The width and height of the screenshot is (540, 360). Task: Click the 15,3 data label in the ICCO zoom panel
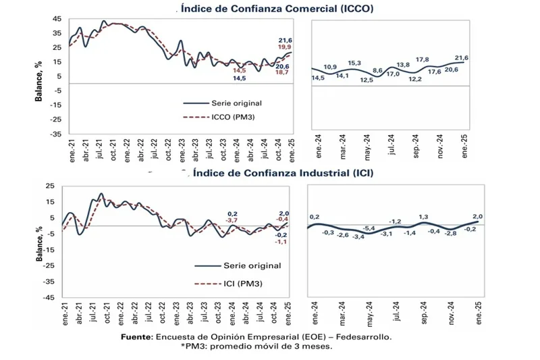click(x=355, y=63)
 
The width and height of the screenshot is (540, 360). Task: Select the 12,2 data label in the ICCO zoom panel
click(x=415, y=80)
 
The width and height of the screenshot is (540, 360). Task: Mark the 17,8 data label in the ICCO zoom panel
click(x=423, y=59)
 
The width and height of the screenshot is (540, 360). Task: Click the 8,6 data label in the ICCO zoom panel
click(x=378, y=71)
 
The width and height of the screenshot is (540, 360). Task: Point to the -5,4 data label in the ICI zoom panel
click(x=369, y=230)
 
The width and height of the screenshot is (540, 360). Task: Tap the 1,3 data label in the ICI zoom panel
click(x=424, y=217)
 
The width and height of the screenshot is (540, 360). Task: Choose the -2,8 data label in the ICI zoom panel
click(x=451, y=233)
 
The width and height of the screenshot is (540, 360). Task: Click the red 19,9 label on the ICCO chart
click(x=283, y=47)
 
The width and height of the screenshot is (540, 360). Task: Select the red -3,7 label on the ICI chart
click(x=232, y=221)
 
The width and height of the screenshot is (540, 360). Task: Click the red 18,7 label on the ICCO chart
click(x=283, y=72)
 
